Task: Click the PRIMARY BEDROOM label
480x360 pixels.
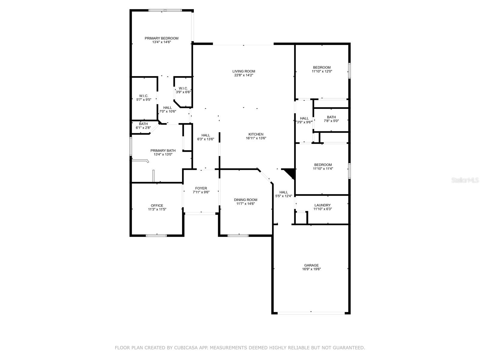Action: (161, 38)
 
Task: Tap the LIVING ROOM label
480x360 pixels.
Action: (244, 71)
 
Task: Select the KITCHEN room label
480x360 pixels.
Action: (256, 134)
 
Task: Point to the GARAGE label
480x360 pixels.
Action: (311, 265)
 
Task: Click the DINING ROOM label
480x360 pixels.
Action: (246, 200)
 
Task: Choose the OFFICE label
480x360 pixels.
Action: (157, 205)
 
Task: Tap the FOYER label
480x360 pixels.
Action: (201, 188)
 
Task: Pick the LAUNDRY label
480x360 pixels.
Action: (322, 205)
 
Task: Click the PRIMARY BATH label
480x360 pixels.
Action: (163, 151)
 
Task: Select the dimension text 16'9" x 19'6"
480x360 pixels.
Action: (311, 269)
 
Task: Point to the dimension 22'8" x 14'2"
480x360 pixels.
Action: (244, 75)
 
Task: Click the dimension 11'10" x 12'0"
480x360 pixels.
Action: (322, 71)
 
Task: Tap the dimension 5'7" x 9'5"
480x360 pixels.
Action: (144, 100)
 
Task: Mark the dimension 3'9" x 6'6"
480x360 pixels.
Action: (183, 92)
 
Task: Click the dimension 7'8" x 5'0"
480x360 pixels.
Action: (331, 121)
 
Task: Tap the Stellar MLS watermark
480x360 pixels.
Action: (465, 180)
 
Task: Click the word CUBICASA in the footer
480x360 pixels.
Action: (185, 347)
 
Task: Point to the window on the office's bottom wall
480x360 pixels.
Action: (156, 235)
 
